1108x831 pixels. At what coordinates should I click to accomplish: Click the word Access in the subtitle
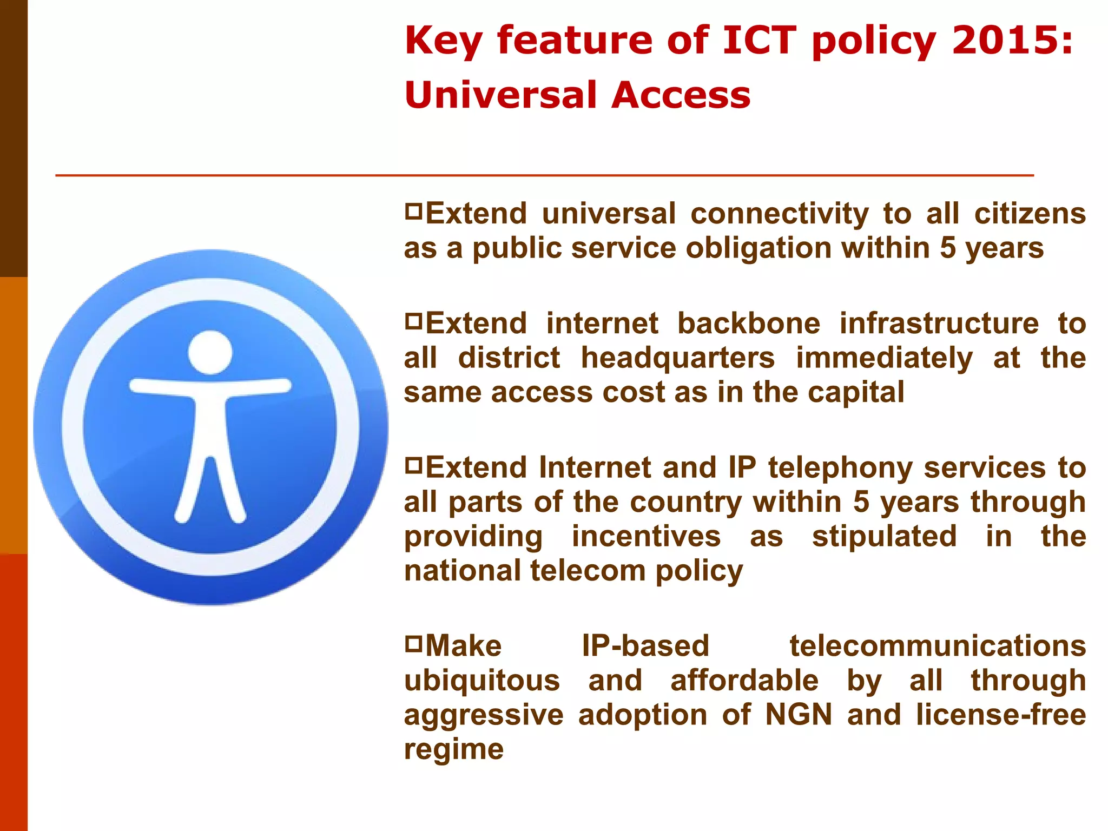[681, 95]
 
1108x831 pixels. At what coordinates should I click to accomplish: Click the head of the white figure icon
[210, 352]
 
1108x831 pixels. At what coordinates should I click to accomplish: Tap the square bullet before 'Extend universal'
[413, 210]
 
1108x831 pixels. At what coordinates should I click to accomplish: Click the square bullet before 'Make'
[413, 643]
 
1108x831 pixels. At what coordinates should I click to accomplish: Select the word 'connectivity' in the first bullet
[779, 214]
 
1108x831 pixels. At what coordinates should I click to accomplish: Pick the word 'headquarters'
[677, 358]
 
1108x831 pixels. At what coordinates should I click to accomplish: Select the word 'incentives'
[646, 537]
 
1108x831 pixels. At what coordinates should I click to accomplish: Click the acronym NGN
[799, 715]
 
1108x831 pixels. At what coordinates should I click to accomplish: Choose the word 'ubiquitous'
[482, 681]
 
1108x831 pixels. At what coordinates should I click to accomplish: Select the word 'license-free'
[1001, 715]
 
